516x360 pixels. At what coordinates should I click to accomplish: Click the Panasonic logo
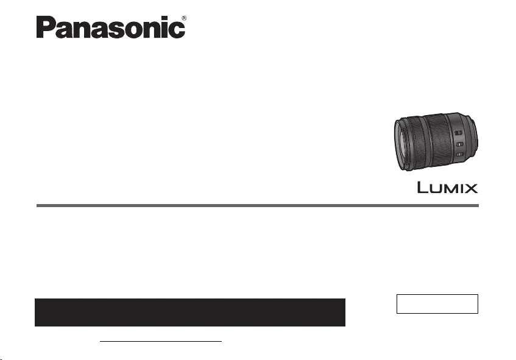point(111,27)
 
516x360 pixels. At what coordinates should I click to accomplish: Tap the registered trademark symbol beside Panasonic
point(184,18)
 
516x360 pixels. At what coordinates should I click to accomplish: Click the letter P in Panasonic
point(44,27)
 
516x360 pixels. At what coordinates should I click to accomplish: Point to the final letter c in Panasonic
point(178,30)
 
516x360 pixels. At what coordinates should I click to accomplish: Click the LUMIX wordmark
point(448,188)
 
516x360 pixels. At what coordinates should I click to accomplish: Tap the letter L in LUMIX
point(422,187)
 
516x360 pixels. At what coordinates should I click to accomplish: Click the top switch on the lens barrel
point(458,133)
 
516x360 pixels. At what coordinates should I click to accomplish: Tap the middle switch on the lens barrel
point(460,144)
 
